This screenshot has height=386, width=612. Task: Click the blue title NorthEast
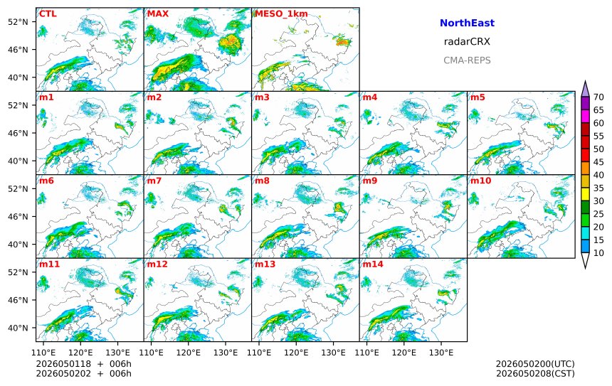pyautogui.click(x=467, y=23)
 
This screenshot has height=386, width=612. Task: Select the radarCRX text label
pyautogui.click(x=467, y=42)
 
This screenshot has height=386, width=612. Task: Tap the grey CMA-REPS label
pyautogui.click(x=467, y=60)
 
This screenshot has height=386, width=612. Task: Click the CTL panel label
pyautogui.click(x=48, y=14)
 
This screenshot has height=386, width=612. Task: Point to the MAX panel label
pyautogui.click(x=158, y=14)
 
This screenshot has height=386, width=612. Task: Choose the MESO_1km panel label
pyautogui.click(x=281, y=14)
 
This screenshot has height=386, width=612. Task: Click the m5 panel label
pyautogui.click(x=478, y=97)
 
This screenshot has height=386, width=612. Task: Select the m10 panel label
pyautogui.click(x=480, y=181)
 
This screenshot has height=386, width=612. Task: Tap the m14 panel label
pyautogui.click(x=373, y=264)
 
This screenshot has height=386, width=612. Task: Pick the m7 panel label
pyautogui.click(x=154, y=181)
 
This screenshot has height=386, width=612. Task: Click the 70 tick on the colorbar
pyautogui.click(x=598, y=97)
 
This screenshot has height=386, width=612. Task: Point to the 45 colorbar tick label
pyautogui.click(x=598, y=162)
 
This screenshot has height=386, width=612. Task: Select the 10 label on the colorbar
pyautogui.click(x=598, y=253)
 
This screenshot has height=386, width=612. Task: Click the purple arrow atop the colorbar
pyautogui.click(x=585, y=89)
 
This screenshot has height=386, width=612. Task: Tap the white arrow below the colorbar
pyautogui.click(x=585, y=260)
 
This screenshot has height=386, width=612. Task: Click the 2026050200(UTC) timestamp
pyautogui.click(x=535, y=364)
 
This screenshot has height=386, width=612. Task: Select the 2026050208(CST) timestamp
pyautogui.click(x=535, y=373)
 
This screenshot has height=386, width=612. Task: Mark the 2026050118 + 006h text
pyautogui.click(x=84, y=364)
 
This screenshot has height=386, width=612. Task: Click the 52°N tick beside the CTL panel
pyautogui.click(x=18, y=22)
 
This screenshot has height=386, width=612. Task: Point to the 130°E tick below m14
pyautogui.click(x=441, y=353)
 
